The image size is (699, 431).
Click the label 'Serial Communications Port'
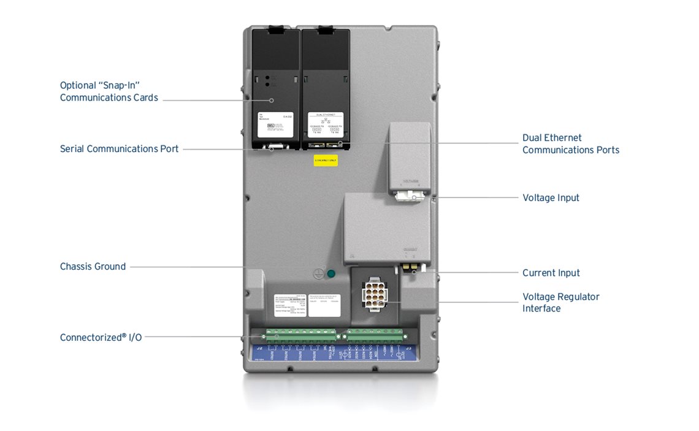point(119,149)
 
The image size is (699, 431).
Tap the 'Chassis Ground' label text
point(93,267)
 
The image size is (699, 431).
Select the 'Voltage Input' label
point(551,198)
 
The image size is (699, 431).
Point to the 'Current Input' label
point(551,273)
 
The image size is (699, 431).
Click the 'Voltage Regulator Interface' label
point(560,302)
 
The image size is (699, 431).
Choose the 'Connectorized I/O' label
point(101,337)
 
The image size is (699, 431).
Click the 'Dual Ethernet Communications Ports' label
point(570,144)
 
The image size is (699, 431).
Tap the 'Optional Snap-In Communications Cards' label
point(109,91)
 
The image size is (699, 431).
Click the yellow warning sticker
point(325,161)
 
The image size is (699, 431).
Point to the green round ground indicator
point(332,274)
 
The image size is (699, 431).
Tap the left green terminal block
point(300,336)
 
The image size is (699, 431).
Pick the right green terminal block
point(375,336)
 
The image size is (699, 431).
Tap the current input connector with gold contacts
point(410,269)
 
